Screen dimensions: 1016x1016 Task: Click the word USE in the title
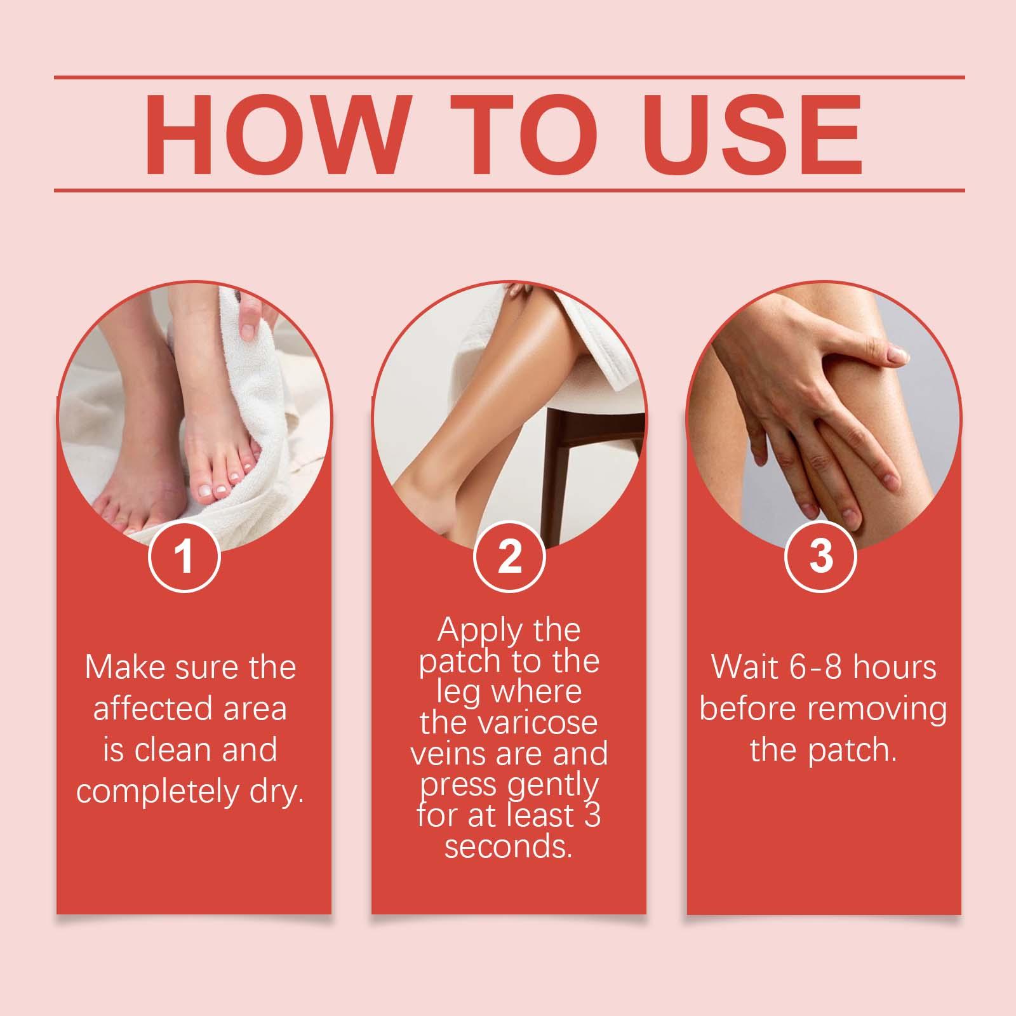pos(756,135)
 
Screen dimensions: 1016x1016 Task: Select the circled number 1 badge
pos(184,556)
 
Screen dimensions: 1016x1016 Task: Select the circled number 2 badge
pos(509,556)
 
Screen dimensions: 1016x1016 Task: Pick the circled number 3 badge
pos(821,556)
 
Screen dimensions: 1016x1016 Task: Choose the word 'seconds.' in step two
pos(509,847)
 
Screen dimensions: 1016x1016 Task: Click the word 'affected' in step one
pos(142,708)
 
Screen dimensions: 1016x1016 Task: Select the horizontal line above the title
pos(509,78)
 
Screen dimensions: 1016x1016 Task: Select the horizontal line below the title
pos(509,190)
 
